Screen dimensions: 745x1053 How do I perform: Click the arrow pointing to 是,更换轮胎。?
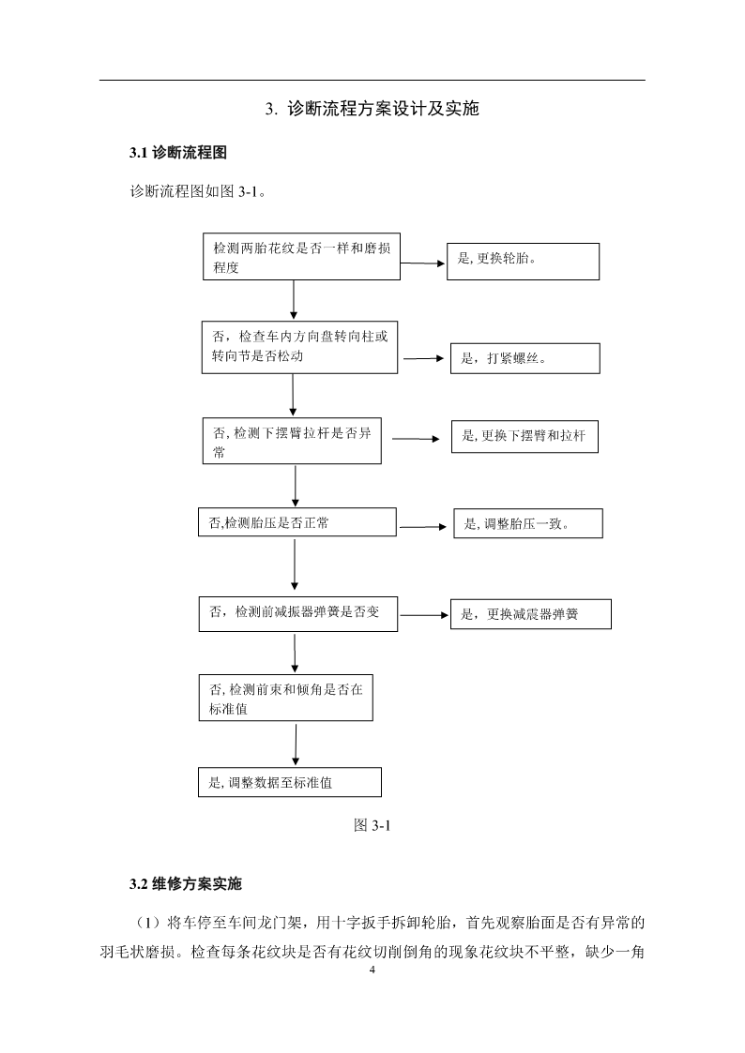click(423, 263)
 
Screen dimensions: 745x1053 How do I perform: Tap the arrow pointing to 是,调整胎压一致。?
click(423, 527)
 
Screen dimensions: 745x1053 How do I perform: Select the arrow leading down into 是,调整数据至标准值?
click(296, 745)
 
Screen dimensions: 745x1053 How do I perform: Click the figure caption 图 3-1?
click(372, 825)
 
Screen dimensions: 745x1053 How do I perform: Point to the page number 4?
click(372, 970)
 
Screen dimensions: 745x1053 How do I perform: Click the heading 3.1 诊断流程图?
click(178, 153)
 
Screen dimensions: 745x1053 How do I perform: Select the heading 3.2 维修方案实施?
click(186, 884)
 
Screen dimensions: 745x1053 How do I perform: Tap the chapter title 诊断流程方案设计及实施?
click(383, 109)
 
